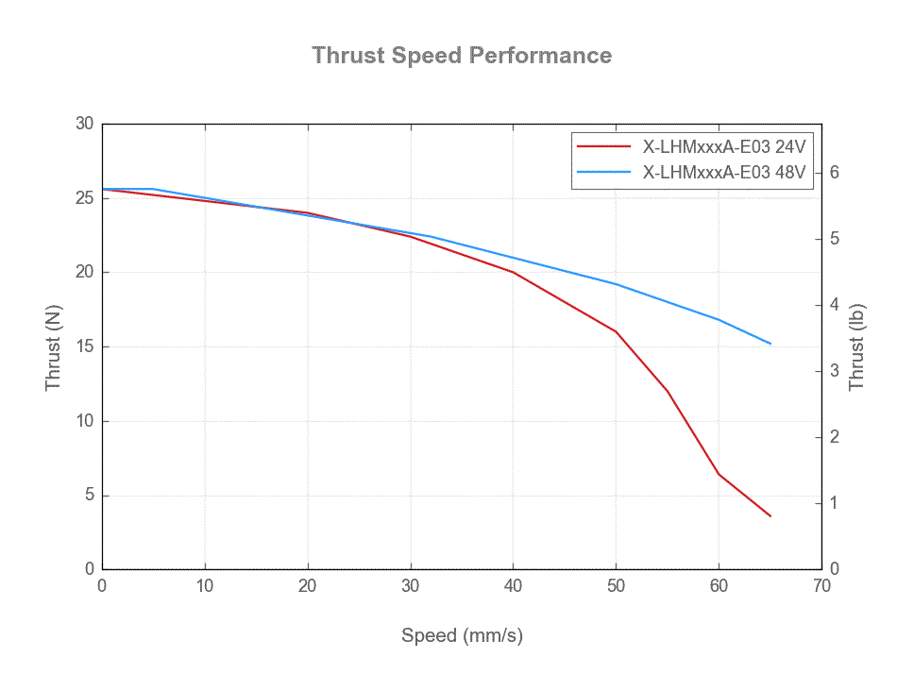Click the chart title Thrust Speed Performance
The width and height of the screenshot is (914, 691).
coord(462,55)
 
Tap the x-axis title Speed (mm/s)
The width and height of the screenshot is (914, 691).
coord(462,635)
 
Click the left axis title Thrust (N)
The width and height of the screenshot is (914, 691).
coord(53,346)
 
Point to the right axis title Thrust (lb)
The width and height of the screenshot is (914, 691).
coord(856,346)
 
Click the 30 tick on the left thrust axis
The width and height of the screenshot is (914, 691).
coord(85,124)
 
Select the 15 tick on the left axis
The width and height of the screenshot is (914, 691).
coord(85,346)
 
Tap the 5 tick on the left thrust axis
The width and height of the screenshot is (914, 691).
coord(89,496)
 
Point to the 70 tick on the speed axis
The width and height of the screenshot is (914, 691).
coord(821,586)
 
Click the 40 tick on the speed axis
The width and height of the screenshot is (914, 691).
coord(513,586)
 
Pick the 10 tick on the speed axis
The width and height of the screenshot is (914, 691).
coord(205,586)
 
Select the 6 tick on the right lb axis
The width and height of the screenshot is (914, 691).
coord(834,172)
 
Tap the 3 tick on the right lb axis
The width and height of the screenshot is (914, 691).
coord(834,371)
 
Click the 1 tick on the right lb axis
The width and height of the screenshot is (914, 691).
coord(834,503)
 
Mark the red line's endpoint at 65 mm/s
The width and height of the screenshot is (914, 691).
coord(770,516)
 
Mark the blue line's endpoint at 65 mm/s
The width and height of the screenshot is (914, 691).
coord(770,344)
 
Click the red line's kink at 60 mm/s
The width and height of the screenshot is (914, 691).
coord(719,474)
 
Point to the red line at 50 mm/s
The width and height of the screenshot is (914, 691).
coord(616,331)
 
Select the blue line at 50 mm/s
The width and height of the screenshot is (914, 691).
coord(616,284)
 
